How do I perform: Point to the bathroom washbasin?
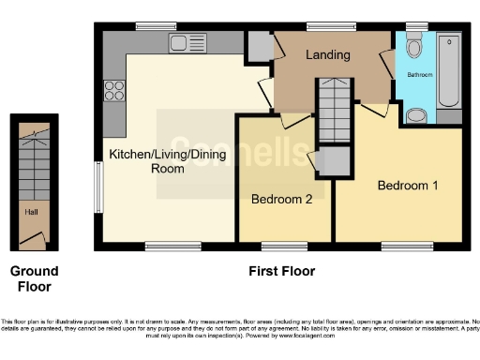coord(416,115)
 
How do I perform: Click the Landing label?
coord(328,54)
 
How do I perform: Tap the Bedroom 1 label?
coord(408,186)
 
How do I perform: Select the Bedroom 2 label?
coord(282,199)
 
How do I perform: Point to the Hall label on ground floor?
coord(31,212)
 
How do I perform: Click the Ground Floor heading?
coord(33,278)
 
